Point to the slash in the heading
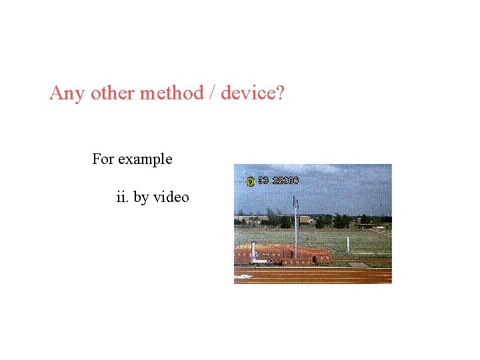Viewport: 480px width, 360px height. pos(211,93)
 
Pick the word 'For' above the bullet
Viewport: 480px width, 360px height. pos(103,159)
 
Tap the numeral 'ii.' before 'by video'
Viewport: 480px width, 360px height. pos(123,197)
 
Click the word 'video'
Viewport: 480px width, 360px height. pos(171,197)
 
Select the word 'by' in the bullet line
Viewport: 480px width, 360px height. pos(141,198)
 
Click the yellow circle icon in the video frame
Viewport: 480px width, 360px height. pos(251,181)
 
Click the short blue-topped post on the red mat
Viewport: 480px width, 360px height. pos(253,251)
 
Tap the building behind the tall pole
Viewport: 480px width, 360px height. pos(306,219)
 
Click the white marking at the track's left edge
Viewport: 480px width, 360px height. pos(243,276)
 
